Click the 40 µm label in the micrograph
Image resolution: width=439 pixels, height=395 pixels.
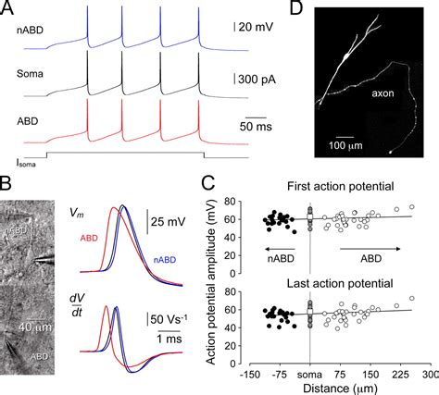click(x=35, y=327)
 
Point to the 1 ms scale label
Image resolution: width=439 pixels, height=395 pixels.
click(x=169, y=339)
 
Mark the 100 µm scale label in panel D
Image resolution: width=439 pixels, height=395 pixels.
click(x=343, y=145)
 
